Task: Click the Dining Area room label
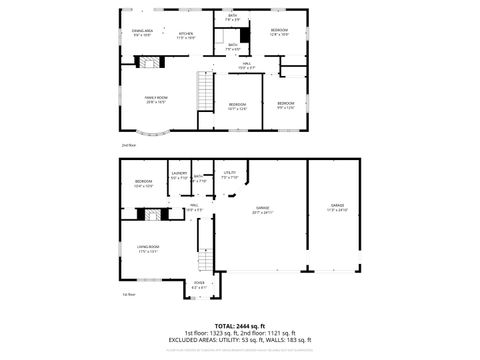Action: pyautogui.click(x=142, y=33)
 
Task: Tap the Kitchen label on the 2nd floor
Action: pyautogui.click(x=186, y=36)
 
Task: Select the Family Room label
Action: pyautogui.click(x=155, y=99)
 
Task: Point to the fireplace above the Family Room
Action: pyautogui.click(x=149, y=62)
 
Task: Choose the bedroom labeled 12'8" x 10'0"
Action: pyautogui.click(x=279, y=32)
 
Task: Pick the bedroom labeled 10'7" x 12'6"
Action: pyautogui.click(x=237, y=106)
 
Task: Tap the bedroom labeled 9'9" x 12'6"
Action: pyautogui.click(x=286, y=105)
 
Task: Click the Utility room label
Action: pyautogui.click(x=229, y=176)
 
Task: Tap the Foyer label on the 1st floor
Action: pyautogui.click(x=200, y=285)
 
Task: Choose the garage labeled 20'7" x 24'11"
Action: pyautogui.click(x=261, y=210)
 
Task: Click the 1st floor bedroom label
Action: pyautogui.click(x=143, y=184)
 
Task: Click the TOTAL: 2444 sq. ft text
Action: pyautogui.click(x=239, y=325)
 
